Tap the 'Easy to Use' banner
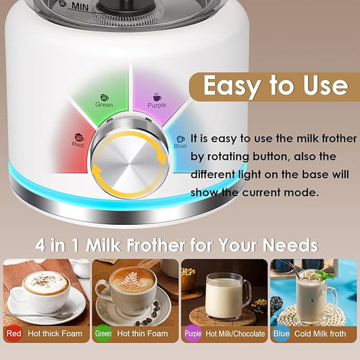[x=275, y=86]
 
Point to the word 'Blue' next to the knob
[x=180, y=146]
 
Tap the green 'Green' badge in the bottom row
[x=103, y=334]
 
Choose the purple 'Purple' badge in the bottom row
[x=192, y=334]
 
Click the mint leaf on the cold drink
[x=327, y=275]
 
